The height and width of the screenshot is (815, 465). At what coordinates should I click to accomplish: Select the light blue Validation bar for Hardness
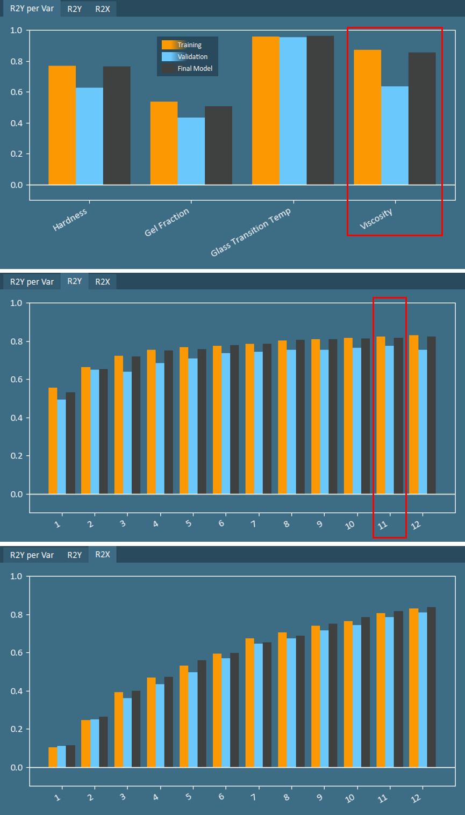click(x=89, y=136)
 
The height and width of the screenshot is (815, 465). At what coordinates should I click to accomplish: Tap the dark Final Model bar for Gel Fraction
click(x=218, y=145)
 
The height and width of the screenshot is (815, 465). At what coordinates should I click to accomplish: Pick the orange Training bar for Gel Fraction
click(x=164, y=143)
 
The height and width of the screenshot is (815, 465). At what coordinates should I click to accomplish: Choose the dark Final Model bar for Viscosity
click(x=422, y=119)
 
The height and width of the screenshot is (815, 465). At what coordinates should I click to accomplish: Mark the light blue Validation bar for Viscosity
click(x=395, y=135)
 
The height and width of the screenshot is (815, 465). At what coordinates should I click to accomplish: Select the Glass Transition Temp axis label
click(x=251, y=231)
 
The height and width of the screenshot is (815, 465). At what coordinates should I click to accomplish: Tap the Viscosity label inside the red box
click(x=376, y=219)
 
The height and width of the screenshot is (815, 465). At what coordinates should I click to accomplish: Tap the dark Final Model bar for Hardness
click(x=117, y=126)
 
